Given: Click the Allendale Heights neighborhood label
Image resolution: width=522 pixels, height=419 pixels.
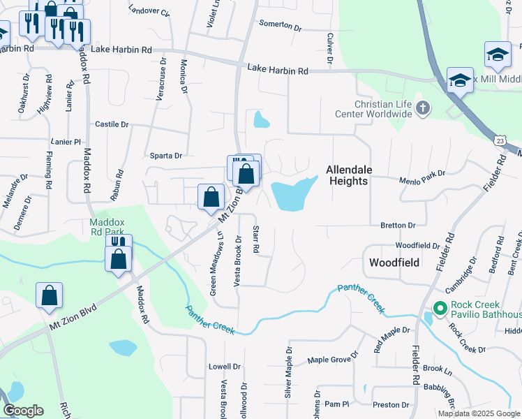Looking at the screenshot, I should click(348, 175).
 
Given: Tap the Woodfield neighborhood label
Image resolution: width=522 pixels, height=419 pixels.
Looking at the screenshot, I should click(394, 263).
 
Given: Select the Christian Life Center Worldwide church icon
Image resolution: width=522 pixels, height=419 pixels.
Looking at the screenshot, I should click(422, 108).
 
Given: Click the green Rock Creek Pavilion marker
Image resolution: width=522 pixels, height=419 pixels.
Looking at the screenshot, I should click(440, 307).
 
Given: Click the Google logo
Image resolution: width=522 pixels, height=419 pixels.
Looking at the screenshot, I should click(23, 411).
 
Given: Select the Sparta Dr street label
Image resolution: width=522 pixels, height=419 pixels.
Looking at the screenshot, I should click(166, 156).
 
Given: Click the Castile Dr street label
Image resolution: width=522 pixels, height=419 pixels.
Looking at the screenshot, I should click(112, 124).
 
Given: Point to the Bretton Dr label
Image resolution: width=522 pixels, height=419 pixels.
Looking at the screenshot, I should click(398, 226).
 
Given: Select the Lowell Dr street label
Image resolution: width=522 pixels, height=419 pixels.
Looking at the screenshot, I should click(225, 366).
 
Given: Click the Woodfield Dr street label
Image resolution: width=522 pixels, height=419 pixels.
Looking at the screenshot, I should click(417, 246).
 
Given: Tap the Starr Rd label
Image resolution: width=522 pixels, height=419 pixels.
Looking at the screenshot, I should click(256, 239).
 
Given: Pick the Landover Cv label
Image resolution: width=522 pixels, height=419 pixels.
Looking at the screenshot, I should click(149, 12).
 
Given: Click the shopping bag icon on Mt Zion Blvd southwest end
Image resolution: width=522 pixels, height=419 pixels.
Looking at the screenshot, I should click(50, 296).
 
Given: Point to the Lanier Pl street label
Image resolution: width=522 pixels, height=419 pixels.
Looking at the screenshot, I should click(67, 142).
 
